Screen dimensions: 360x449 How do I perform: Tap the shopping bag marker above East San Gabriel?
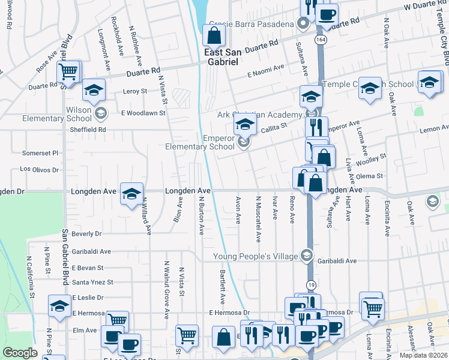(214, 37)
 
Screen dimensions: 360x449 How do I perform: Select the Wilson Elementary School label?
(49, 114)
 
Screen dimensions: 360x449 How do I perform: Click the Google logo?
(19, 353)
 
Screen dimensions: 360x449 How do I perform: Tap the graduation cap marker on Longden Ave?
(131, 194)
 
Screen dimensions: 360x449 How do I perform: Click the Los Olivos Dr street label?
(40, 170)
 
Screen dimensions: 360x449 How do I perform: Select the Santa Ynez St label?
(92, 282)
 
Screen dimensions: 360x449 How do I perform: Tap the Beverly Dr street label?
(86, 233)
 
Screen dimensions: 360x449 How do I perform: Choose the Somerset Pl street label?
(40, 153)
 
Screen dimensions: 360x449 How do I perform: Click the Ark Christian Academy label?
(268, 115)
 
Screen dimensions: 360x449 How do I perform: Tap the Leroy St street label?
(134, 91)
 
